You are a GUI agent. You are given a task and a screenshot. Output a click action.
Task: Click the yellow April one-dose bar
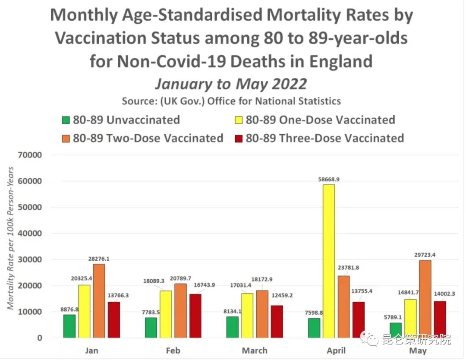[x=328, y=261]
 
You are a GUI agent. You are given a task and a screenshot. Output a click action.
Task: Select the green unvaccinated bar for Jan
[x=69, y=326]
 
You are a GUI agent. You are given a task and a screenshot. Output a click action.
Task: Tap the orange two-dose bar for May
[x=425, y=299]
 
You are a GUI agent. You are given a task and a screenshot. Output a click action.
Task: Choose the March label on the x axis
[x=255, y=350]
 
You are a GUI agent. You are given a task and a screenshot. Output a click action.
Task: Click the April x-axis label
[x=336, y=350]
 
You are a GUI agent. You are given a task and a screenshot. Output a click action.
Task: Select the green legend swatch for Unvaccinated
[x=66, y=120]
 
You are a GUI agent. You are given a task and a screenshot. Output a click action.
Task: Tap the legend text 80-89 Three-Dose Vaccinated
[x=324, y=138]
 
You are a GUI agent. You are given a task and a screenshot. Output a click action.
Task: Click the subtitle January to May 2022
[x=231, y=83]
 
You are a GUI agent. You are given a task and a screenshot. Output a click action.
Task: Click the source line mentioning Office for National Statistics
[x=231, y=101]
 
